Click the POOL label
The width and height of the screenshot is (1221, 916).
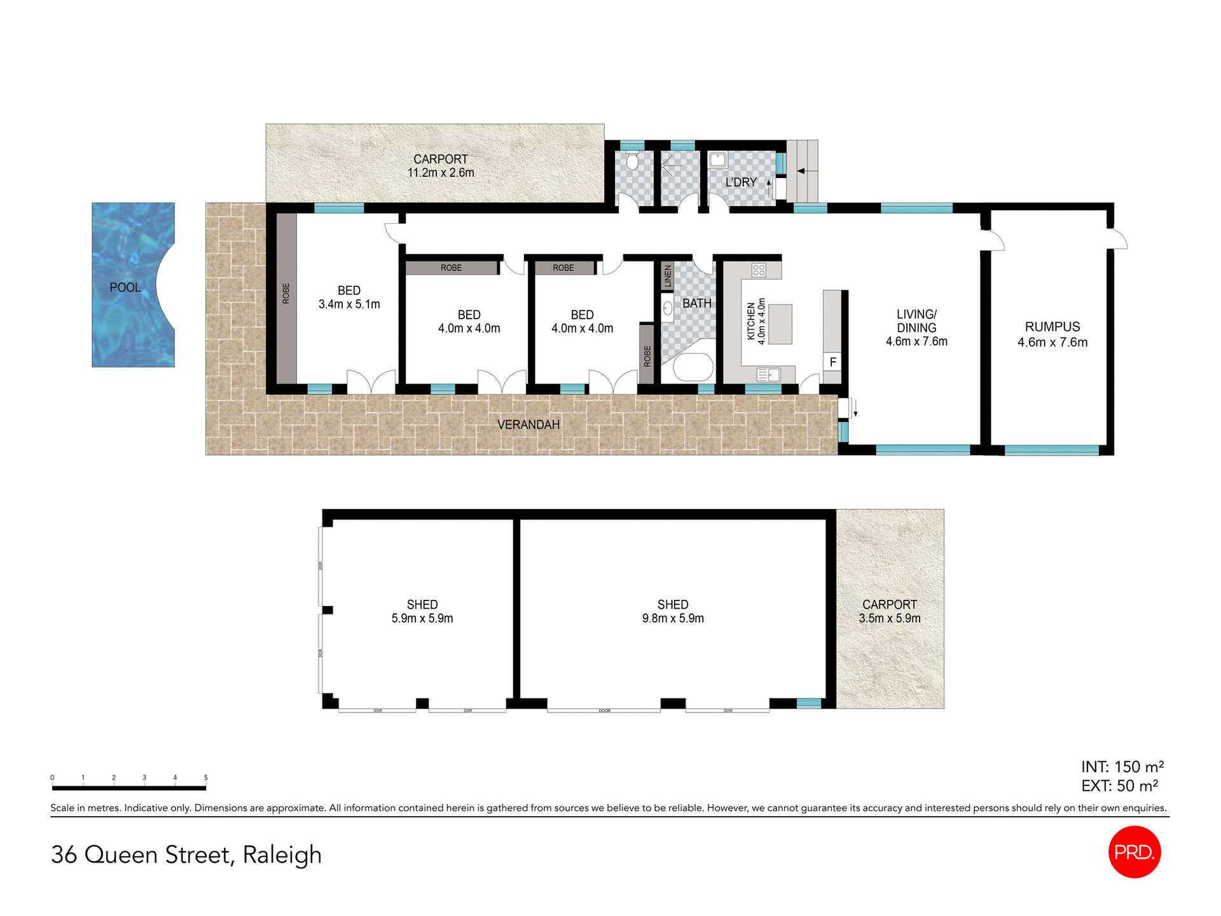[x=125, y=288]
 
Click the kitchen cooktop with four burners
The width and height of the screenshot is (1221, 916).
[x=759, y=270]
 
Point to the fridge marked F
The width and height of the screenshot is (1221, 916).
[x=832, y=363]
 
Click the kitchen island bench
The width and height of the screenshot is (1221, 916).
[x=780, y=324]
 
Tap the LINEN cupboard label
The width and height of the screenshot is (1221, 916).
[x=667, y=276]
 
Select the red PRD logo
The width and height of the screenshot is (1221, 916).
[x=1135, y=852]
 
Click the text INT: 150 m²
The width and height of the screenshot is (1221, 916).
[x=1122, y=767]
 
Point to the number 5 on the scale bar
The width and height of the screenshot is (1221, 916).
[x=205, y=777]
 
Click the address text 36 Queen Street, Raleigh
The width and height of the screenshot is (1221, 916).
[x=186, y=854]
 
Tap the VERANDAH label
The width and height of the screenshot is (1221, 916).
[x=528, y=424]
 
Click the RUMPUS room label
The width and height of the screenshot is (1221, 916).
[x=1052, y=326]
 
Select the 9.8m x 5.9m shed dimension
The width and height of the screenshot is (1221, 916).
[x=673, y=618]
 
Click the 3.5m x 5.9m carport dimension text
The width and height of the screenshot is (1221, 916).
[x=890, y=618]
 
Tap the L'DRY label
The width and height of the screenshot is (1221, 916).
[x=741, y=182]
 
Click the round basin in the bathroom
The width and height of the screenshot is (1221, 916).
[x=668, y=309]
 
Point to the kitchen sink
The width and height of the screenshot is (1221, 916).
[x=769, y=375]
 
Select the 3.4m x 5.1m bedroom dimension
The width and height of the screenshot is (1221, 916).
[x=349, y=304]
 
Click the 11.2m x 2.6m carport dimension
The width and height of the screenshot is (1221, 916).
[x=441, y=172]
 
